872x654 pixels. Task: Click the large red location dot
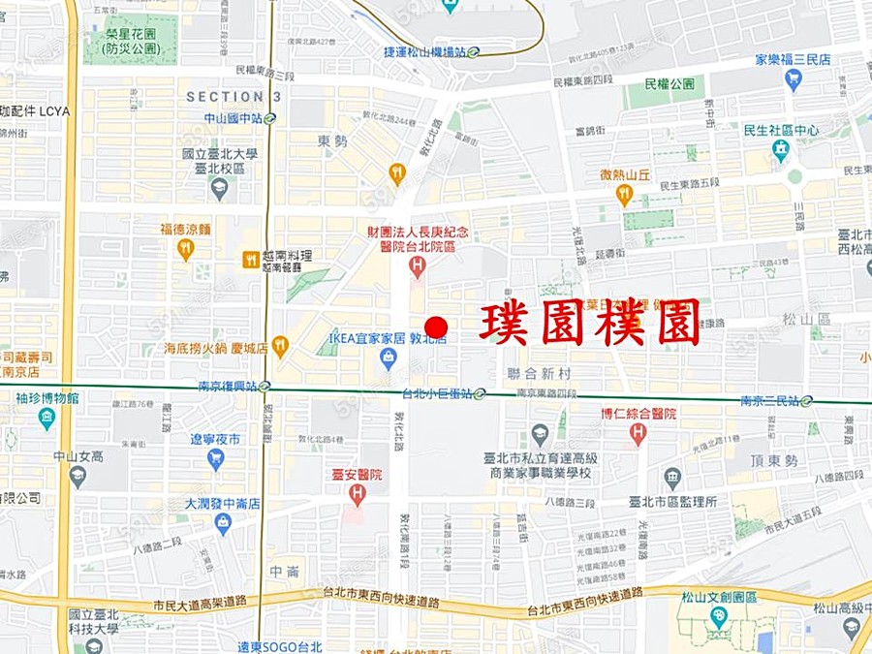[437, 327]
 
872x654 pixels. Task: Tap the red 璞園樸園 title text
[589, 323]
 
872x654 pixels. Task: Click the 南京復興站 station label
[230, 386]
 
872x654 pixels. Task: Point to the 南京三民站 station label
[770, 400]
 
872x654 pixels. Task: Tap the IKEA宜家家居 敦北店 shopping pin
[388, 358]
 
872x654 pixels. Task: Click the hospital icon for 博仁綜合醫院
[638, 433]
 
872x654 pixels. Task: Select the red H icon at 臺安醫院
[357, 495]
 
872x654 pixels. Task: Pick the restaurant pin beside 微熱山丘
[624, 195]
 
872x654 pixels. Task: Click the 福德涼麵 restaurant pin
[186, 249]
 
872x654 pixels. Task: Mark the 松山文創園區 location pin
[718, 616]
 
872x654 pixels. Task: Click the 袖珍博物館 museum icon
[47, 418]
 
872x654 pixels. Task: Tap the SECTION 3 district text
[234, 97]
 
